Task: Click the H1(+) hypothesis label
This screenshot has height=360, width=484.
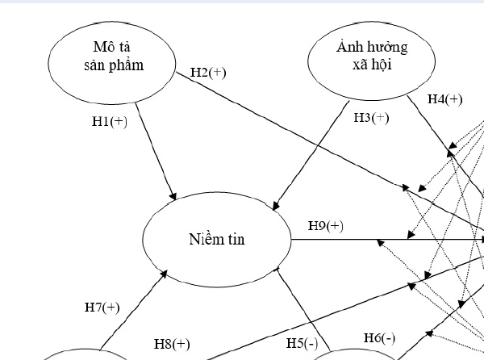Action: coord(110,123)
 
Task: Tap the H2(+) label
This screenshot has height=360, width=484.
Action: coord(208,72)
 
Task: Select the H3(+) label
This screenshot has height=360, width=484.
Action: coord(371,118)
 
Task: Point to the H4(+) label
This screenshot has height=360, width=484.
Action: coord(445,100)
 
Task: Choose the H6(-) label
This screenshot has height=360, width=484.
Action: coord(379,338)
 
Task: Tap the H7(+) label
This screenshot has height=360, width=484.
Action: coord(102,307)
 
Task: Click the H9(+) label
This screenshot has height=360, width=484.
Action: coord(326,226)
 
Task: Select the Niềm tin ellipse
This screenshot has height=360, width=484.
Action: coord(216,240)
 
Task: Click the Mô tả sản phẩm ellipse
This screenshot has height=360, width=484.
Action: coord(114,57)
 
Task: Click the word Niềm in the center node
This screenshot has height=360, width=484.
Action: coord(200,240)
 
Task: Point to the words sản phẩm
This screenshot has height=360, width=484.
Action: coord(114,65)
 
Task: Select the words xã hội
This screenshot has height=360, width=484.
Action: coord(372,65)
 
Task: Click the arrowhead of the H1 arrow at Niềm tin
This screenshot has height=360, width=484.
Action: coord(173,198)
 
